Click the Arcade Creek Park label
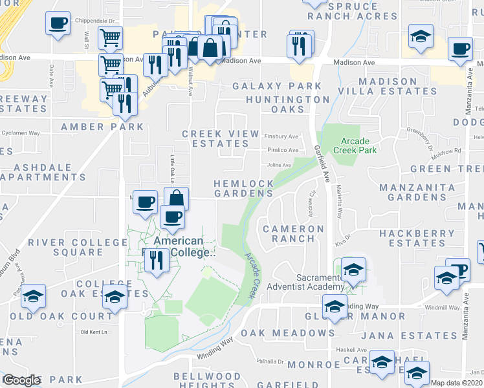coord(354,144)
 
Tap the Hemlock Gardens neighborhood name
coord(244,188)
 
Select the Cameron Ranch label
coord(293,233)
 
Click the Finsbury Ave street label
coord(281,136)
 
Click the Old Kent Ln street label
coord(93,332)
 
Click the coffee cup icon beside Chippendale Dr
coord(57,24)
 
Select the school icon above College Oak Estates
coord(115,297)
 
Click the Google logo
coord(21,380)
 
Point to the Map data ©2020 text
coord(456,383)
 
